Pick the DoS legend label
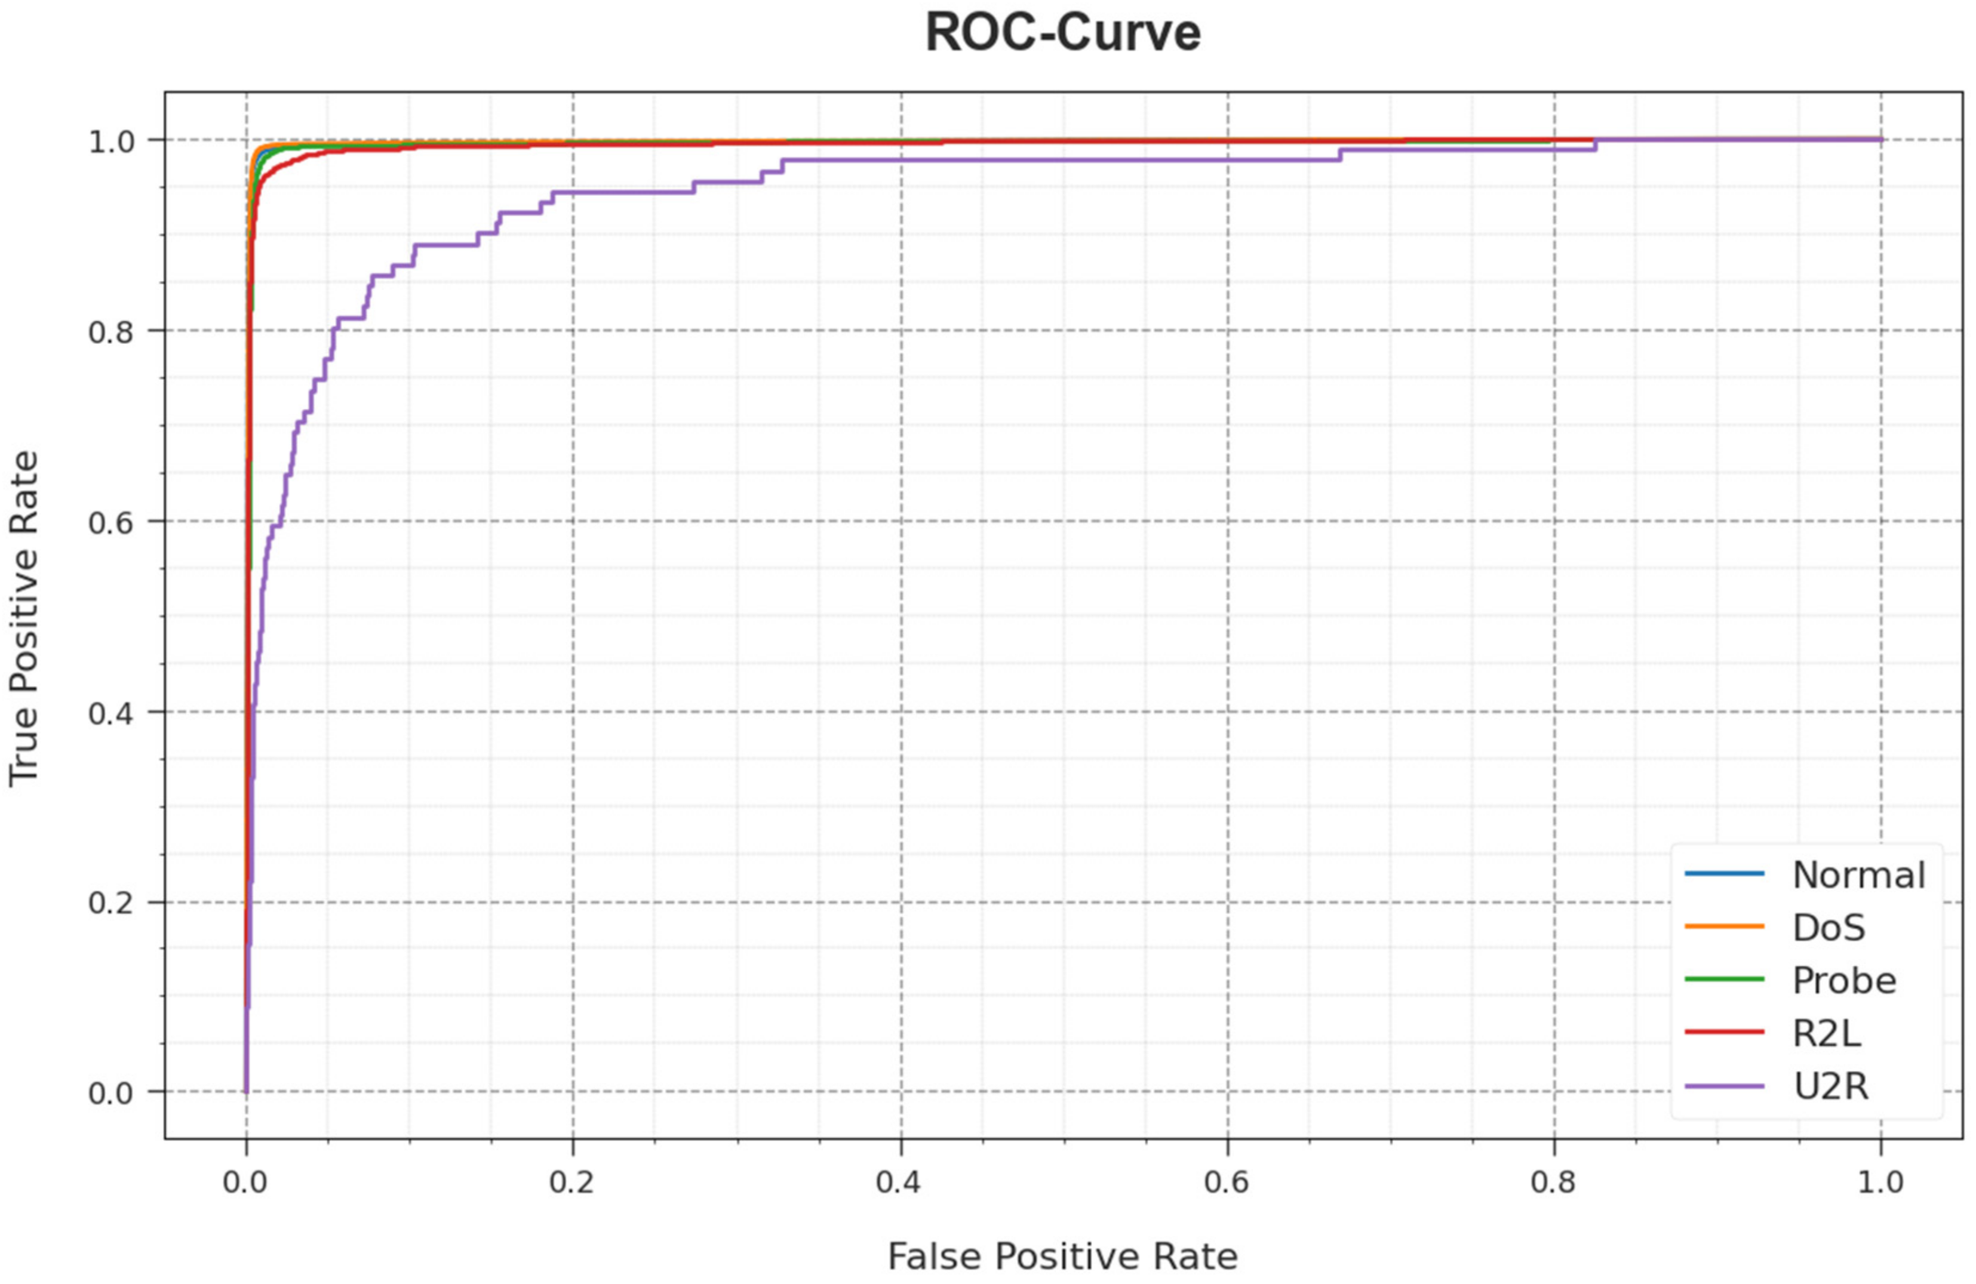point(1829,927)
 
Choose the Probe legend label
point(1844,980)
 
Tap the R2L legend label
point(1827,1033)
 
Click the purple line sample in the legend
point(1725,1086)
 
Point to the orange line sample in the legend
point(1725,926)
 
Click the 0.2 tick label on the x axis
point(572,1182)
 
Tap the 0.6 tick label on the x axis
point(1227,1182)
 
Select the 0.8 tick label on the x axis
point(1553,1182)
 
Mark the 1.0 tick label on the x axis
point(1880,1182)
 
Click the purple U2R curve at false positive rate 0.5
point(1064,159)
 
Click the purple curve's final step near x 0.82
point(1595,144)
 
